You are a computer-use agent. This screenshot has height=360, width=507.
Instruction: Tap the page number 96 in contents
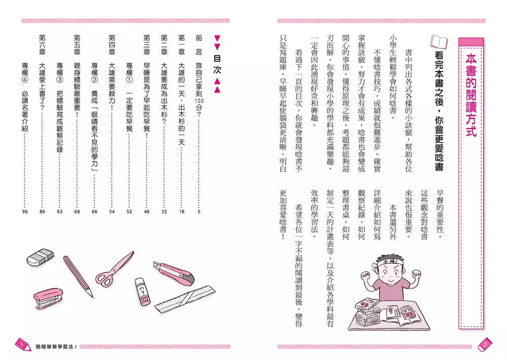click(25, 211)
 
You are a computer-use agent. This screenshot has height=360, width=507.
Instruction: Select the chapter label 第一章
click(182, 48)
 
